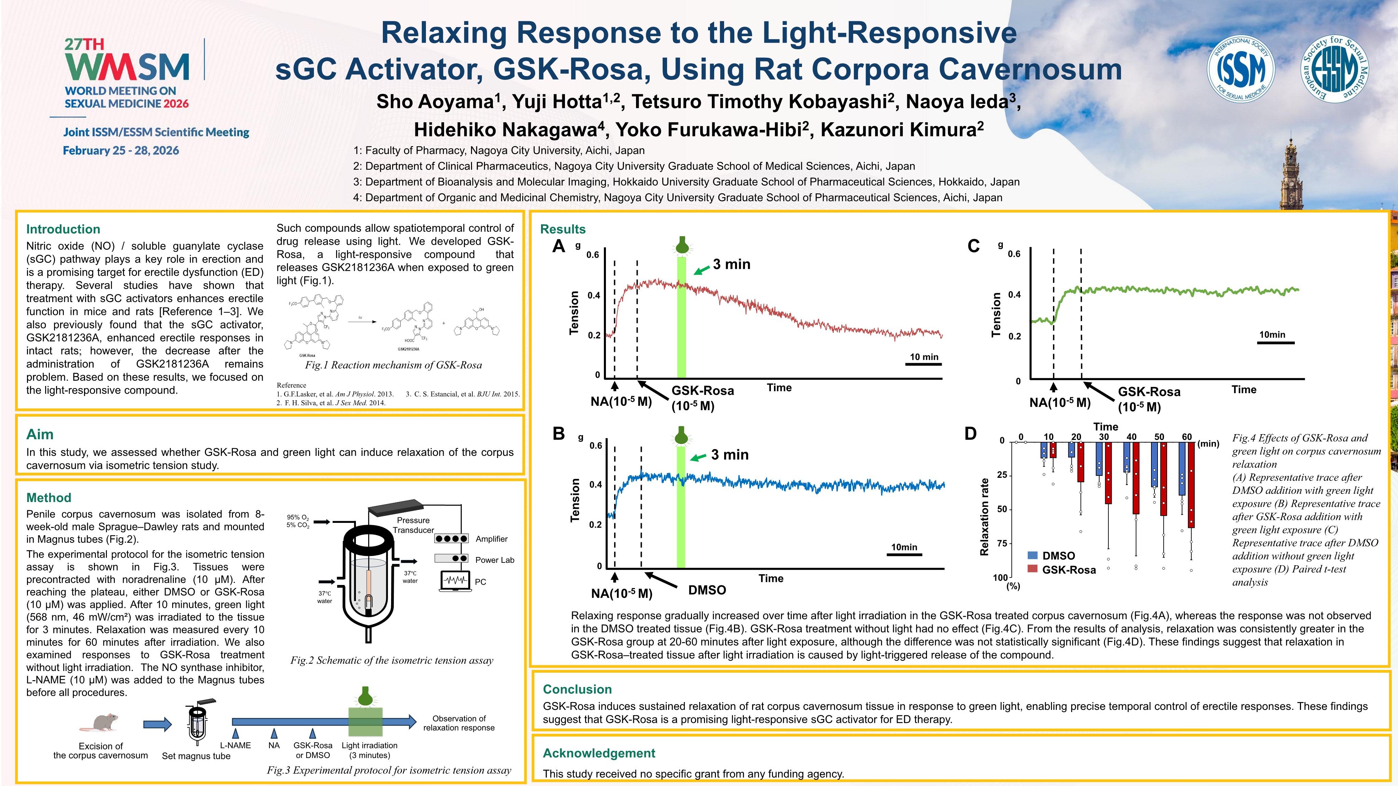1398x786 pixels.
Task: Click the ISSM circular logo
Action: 1241,68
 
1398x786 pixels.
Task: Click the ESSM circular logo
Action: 1334,68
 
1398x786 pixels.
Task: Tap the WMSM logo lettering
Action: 127,67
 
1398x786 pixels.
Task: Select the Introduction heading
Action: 63,229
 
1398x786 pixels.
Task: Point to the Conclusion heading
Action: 577,689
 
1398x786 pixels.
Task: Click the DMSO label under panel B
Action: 707,590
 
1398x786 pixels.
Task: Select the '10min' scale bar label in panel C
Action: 1272,335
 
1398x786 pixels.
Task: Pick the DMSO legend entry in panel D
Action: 1058,556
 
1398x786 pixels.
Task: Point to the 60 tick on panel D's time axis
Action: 1187,437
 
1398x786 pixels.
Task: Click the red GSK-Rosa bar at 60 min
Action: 1191,485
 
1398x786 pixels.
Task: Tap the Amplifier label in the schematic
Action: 491,539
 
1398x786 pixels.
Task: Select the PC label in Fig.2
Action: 480,582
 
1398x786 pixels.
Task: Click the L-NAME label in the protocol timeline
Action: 236,745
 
